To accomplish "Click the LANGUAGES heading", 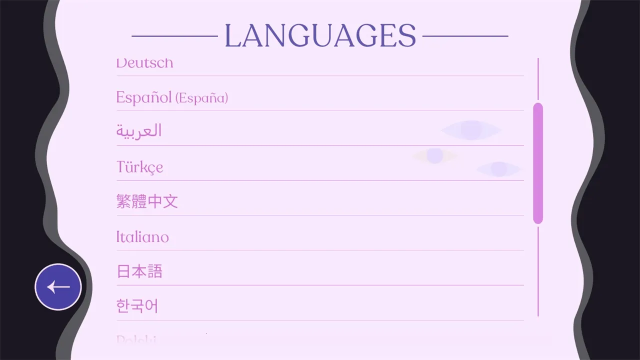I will click(320, 35).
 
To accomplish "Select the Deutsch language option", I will click(144, 64).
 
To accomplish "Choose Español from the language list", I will click(144, 97).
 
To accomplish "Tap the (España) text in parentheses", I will click(202, 98).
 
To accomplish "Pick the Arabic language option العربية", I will click(139, 131).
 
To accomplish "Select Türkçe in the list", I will click(139, 167).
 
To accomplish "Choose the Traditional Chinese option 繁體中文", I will click(147, 201).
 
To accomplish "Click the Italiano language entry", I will click(142, 236).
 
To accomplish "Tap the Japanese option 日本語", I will click(139, 271).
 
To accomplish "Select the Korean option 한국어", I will click(137, 306).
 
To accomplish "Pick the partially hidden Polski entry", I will click(136, 340).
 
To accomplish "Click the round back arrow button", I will click(58, 287).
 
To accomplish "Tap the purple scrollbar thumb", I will click(538, 163).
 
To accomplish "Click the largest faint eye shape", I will click(471, 130).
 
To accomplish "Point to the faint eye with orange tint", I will click(434, 156).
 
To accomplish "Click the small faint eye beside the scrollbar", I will click(498, 169).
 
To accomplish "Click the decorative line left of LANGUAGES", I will click(174, 36).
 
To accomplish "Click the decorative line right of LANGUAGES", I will click(465, 36).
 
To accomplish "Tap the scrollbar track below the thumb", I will click(538, 270).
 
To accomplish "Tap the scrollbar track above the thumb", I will click(538, 79).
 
